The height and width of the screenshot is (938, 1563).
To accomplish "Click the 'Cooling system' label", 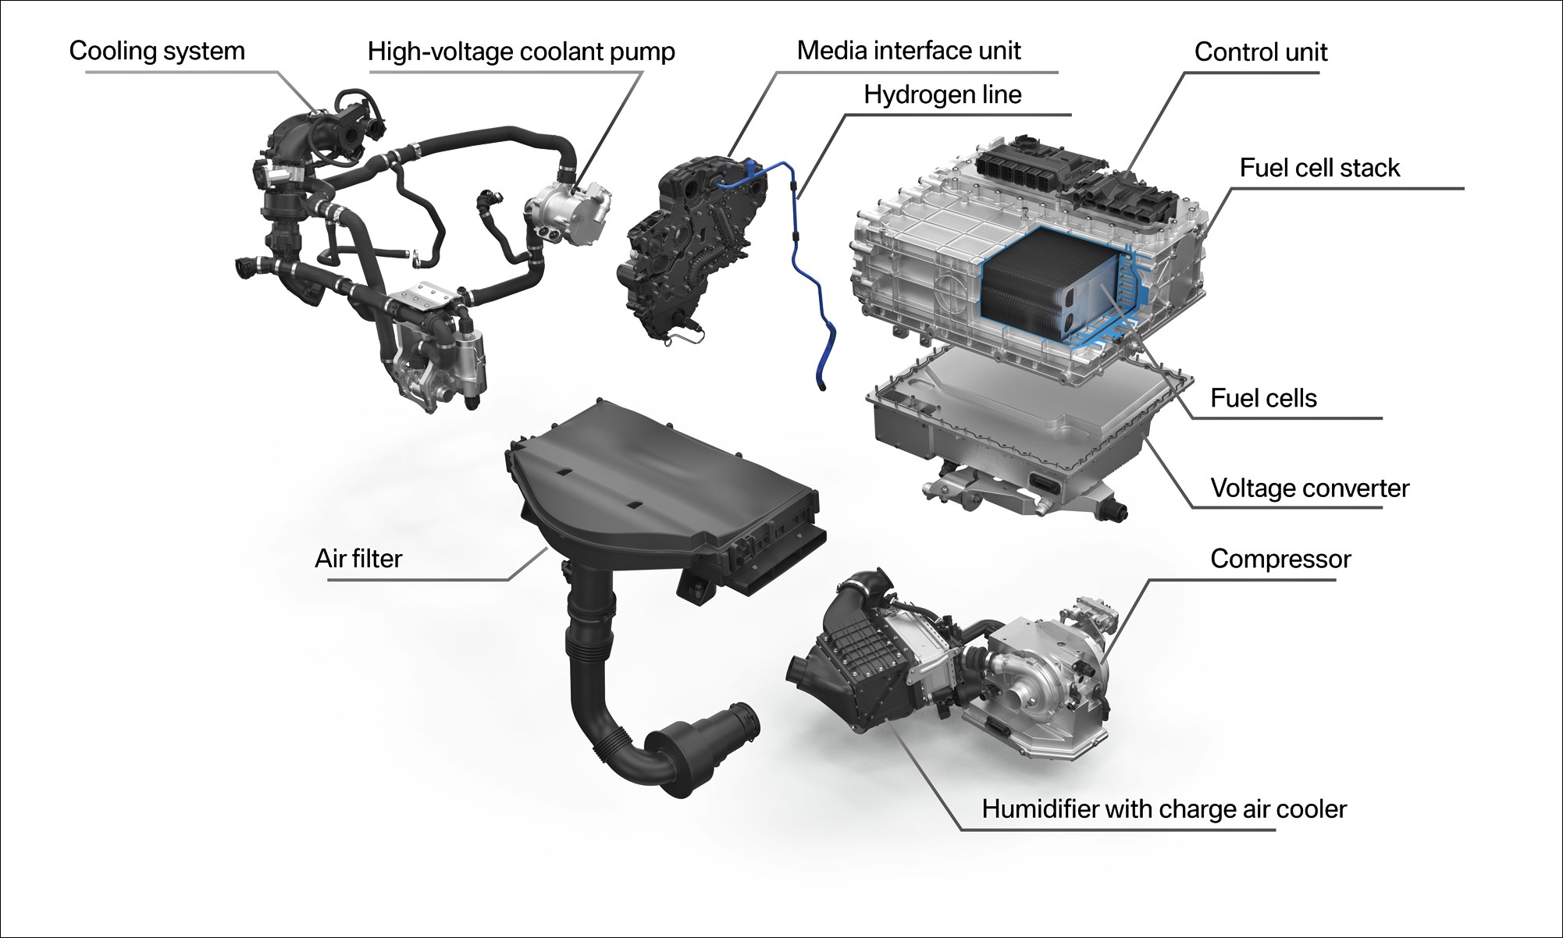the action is (157, 51).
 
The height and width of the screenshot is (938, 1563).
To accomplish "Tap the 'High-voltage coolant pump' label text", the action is (521, 52).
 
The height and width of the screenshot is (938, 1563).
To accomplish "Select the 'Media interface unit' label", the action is (909, 50).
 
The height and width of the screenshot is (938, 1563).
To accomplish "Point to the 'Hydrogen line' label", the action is (942, 94).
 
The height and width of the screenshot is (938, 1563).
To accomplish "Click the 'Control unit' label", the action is (1261, 52).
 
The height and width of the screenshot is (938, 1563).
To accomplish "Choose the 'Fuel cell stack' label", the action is (1319, 168).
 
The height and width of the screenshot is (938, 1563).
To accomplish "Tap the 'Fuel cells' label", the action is (1263, 398).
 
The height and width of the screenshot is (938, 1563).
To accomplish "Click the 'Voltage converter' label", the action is (1309, 488).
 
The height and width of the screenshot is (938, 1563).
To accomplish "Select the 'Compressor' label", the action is (1280, 559).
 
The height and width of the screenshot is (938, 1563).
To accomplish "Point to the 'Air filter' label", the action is (358, 559).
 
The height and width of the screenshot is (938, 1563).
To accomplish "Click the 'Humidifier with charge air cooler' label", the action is (1164, 809).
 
